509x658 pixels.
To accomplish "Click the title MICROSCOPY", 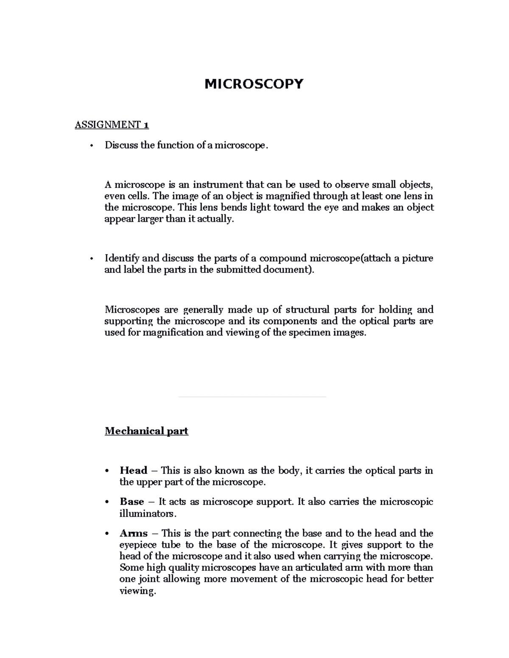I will (254, 84).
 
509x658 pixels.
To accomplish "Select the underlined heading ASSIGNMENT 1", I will (112, 125).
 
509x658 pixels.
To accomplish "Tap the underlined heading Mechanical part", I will (146, 431).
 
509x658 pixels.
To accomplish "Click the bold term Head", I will (133, 470).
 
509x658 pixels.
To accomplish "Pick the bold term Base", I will (132, 502).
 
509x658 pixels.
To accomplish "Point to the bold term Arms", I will (134, 533).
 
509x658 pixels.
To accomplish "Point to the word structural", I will (308, 310).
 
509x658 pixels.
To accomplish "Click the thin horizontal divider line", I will (252, 397).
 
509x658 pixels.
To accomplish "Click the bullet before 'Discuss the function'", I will (91, 146).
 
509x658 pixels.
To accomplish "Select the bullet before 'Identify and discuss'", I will (91, 259).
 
